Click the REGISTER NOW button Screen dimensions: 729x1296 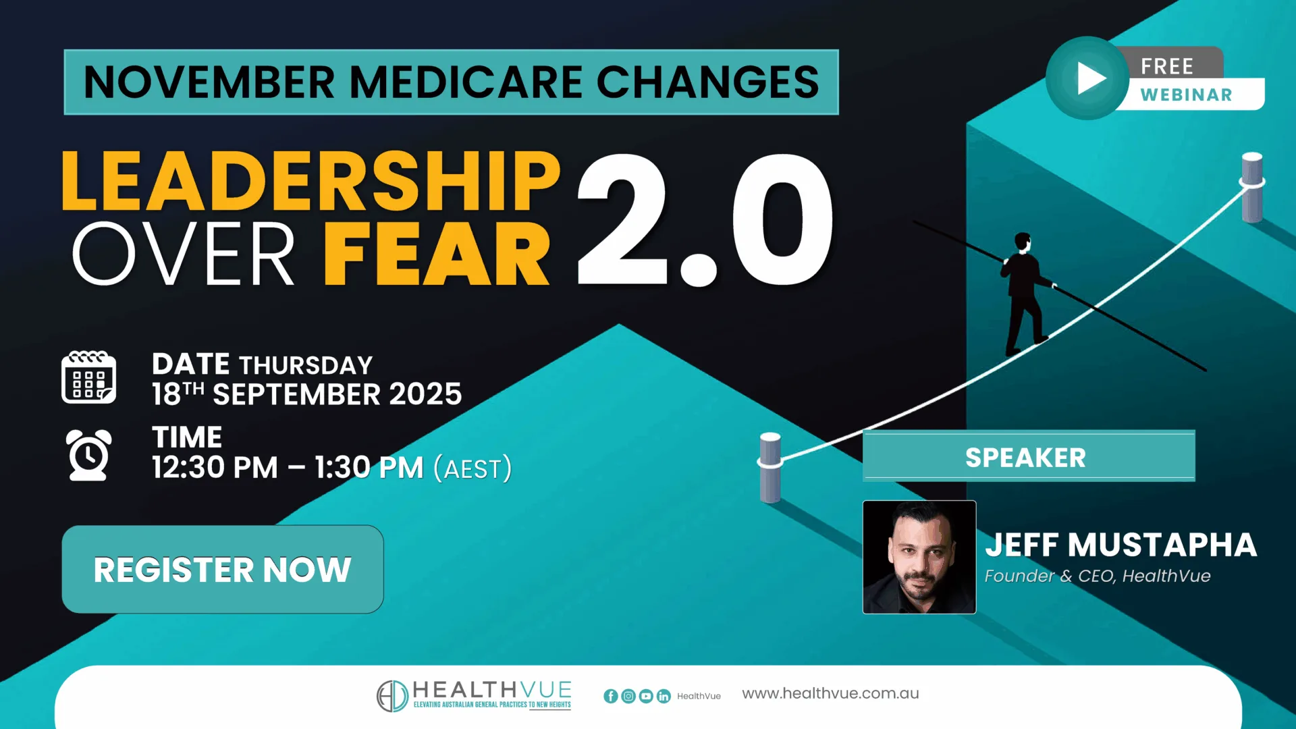tap(222, 569)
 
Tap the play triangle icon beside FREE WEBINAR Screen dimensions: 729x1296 tap(1089, 78)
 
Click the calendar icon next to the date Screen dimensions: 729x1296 tap(88, 377)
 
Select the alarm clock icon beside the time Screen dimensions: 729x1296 tap(88, 455)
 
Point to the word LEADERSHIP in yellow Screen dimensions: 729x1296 tap(310, 181)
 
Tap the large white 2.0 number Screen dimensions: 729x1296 tap(705, 219)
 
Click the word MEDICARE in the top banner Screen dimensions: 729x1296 tap(466, 82)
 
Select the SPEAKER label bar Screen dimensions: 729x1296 tap(1028, 457)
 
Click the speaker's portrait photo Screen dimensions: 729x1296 tap(919, 557)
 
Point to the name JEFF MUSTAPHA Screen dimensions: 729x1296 tap(1120, 545)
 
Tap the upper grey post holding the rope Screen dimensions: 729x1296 tap(1252, 187)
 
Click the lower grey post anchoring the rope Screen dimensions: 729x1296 tap(770, 467)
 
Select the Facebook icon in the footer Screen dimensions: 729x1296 tap(610, 696)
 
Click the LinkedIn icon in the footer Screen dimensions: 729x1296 tap(664, 696)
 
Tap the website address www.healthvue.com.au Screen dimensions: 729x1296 tap(830, 693)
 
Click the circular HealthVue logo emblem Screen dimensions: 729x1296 tap(392, 696)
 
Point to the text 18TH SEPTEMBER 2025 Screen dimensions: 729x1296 tap(306, 394)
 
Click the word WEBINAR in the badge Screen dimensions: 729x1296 tap(1186, 95)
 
